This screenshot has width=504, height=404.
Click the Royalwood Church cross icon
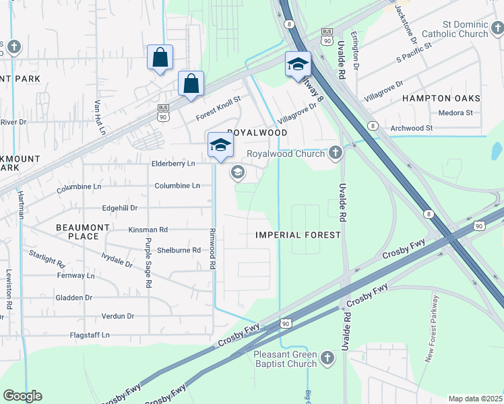pyautogui.click(x=336, y=154)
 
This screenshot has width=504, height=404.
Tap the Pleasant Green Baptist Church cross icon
pyautogui.click(x=327, y=359)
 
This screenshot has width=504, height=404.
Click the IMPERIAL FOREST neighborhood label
pyautogui.click(x=298, y=235)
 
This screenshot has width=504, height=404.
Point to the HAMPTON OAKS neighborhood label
pyautogui.click(x=441, y=98)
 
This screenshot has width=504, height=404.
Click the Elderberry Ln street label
pyautogui.click(x=173, y=164)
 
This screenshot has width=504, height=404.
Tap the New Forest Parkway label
pyautogui.click(x=431, y=329)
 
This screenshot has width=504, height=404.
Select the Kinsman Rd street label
pyautogui.click(x=148, y=230)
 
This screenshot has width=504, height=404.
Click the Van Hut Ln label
pyautogui.click(x=100, y=116)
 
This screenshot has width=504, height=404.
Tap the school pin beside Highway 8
pyautogui.click(x=298, y=65)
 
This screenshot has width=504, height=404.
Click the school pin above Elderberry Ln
pyautogui.click(x=220, y=145)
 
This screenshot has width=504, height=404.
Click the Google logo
pyautogui.click(x=22, y=396)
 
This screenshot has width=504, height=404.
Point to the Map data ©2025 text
pyautogui.click(x=475, y=399)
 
